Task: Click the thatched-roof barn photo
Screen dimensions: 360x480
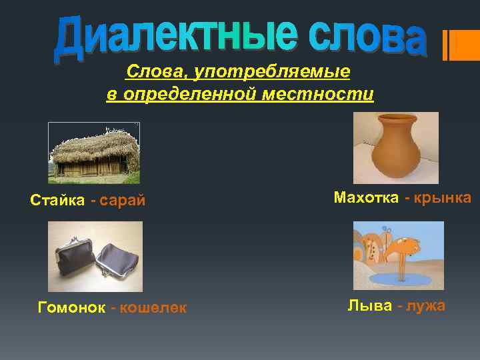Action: (x=94, y=153)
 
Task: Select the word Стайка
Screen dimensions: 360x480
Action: (x=57, y=200)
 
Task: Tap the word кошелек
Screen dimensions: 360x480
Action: (x=153, y=307)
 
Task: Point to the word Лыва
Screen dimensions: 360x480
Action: (x=368, y=305)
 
